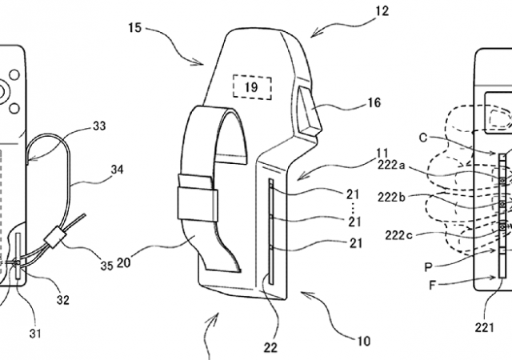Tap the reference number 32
[62, 300]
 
